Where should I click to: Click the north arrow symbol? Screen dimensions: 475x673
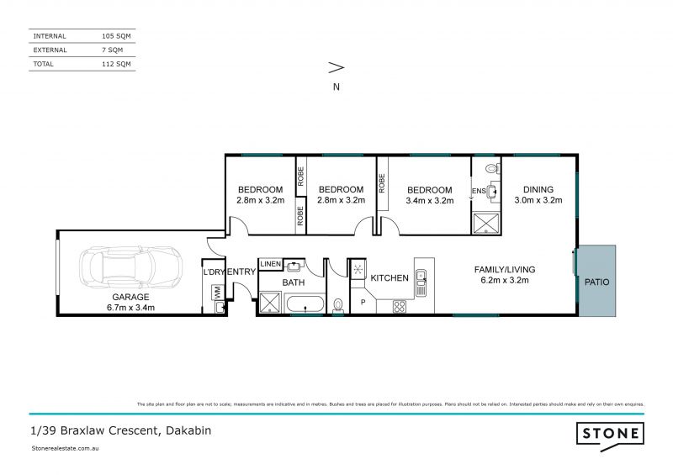coord(336,68)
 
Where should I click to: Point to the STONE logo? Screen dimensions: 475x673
coord(610,435)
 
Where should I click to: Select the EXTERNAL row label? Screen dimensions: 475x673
coord(51,50)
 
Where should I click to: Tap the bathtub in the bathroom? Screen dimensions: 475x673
coord(300,303)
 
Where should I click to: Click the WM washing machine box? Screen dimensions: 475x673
coord(217,292)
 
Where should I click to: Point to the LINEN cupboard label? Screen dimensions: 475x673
coord(271,264)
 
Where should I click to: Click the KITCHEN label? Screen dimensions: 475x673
coord(389,277)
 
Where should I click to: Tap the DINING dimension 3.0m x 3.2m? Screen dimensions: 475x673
coord(538,201)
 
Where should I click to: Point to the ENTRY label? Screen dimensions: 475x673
coord(241,271)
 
